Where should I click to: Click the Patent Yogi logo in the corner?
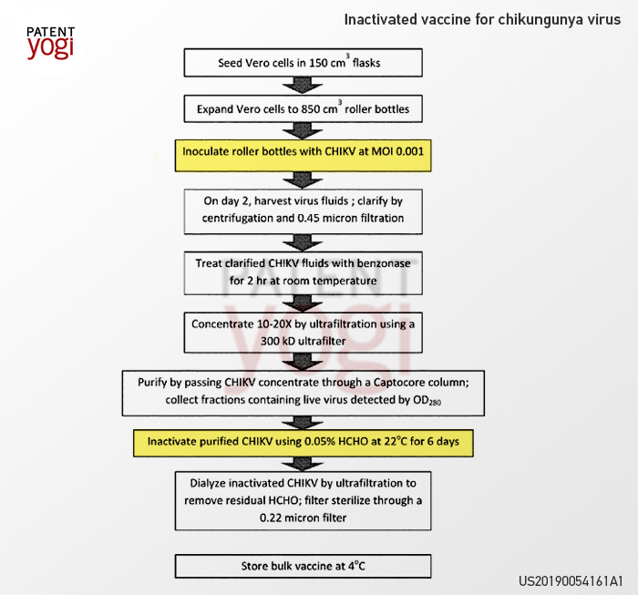[x=51, y=43]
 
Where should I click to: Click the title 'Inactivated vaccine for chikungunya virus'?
[x=482, y=19]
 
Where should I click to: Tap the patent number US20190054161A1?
[x=571, y=580]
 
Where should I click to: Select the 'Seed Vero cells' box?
[x=304, y=63]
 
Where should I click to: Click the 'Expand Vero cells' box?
[x=304, y=108]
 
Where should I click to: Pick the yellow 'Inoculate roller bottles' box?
[x=304, y=156]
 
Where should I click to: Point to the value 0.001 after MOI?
[x=410, y=151]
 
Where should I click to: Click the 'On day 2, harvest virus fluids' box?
[x=304, y=211]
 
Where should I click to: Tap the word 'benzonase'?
[x=384, y=263]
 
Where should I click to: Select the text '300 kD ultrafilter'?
[x=304, y=341]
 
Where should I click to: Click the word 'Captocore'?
[x=400, y=383]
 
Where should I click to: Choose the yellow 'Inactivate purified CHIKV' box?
[x=304, y=443]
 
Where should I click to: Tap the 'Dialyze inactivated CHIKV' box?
[x=304, y=500]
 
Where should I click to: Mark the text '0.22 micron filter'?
[x=304, y=518]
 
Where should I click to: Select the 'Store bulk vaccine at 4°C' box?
[x=304, y=566]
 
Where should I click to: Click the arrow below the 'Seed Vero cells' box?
[x=303, y=86]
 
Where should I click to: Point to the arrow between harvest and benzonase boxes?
[x=303, y=242]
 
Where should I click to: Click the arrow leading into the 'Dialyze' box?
[x=303, y=464]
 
